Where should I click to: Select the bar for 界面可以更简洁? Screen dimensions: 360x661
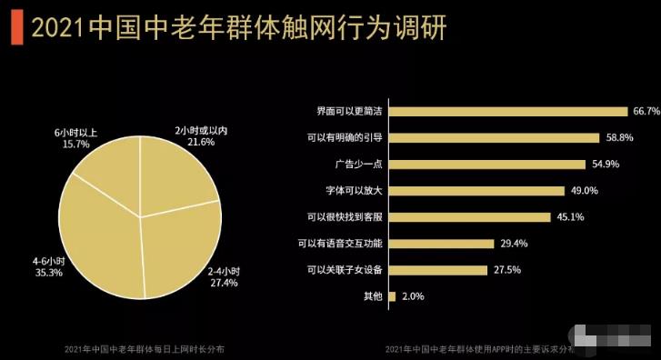[x=508, y=111]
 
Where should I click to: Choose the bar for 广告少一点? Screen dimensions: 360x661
[x=486, y=165]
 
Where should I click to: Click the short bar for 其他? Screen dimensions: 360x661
[x=392, y=296]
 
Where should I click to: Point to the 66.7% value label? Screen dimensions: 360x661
[x=646, y=111]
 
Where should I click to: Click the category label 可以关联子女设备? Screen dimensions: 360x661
[x=345, y=270]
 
